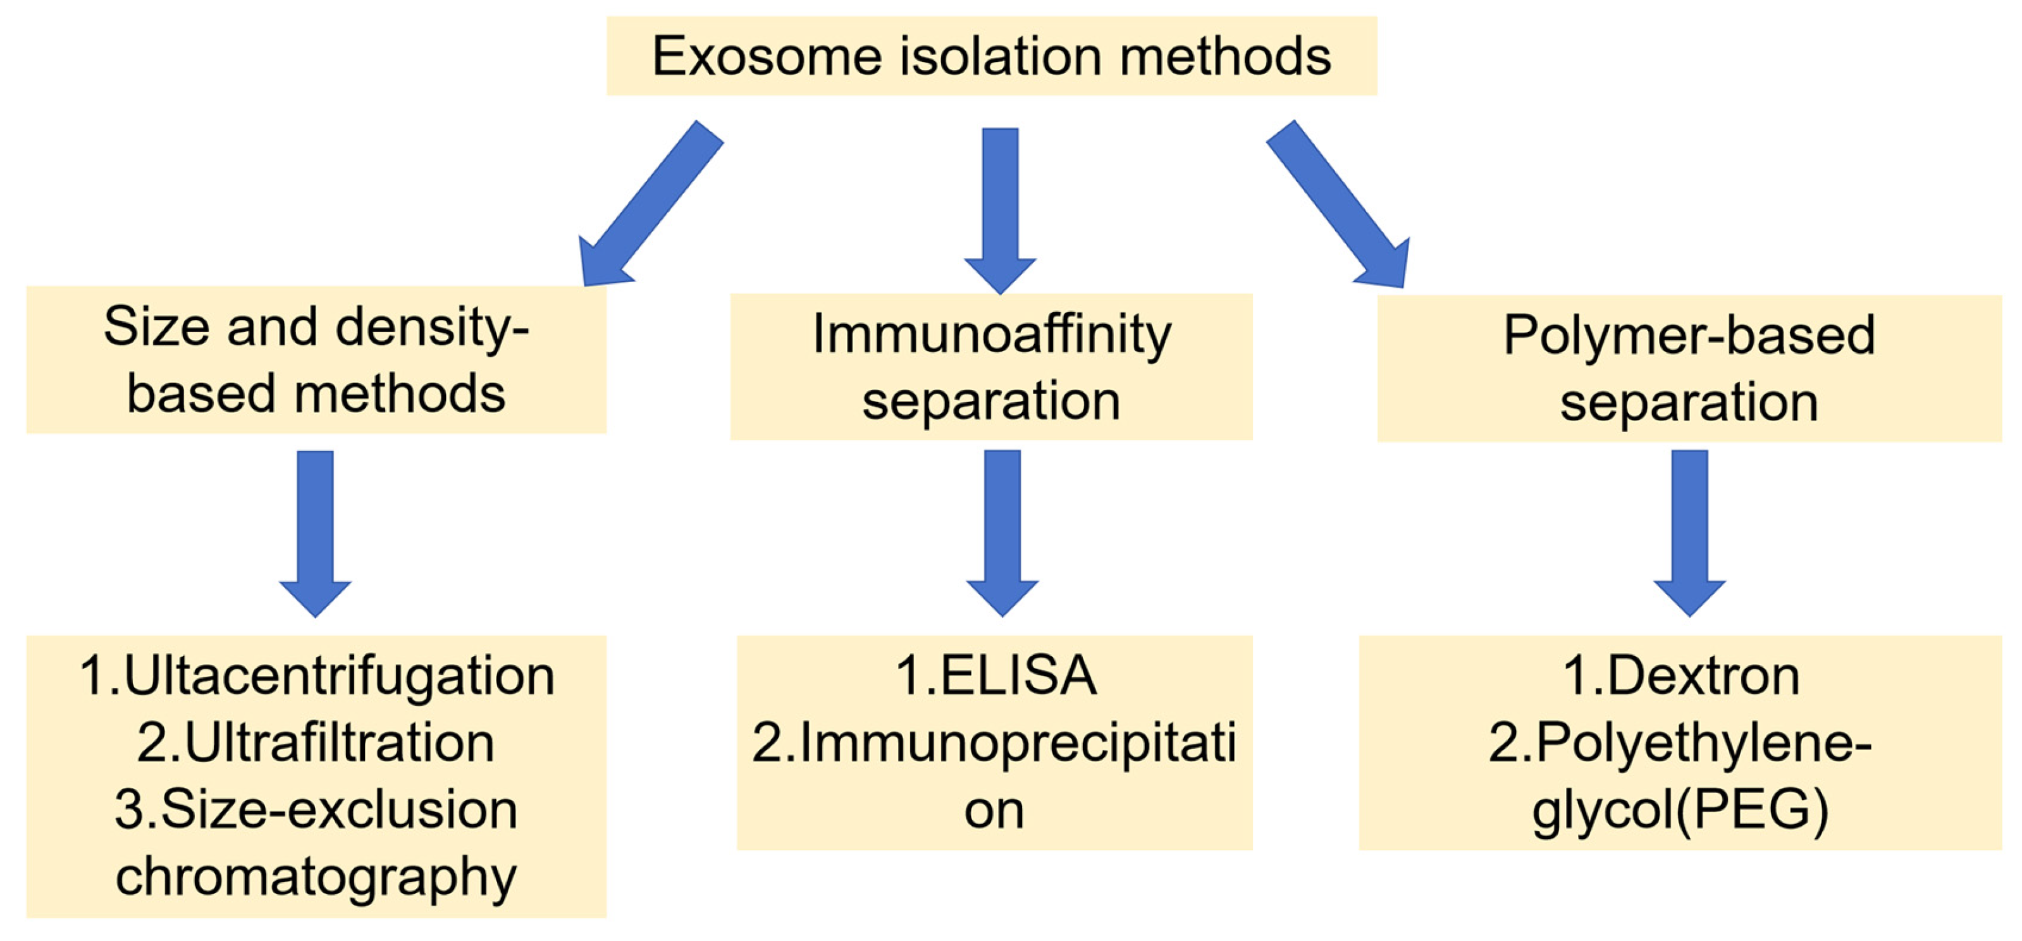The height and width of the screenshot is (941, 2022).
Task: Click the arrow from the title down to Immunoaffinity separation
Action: (1000, 208)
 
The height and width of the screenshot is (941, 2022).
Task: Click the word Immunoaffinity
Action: (991, 335)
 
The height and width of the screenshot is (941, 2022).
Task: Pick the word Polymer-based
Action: (1689, 336)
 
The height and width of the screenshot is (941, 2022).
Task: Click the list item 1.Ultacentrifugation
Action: (316, 676)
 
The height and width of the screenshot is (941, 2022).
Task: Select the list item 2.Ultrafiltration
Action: (316, 742)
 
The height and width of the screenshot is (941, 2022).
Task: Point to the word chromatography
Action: (316, 876)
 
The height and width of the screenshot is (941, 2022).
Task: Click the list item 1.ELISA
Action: (996, 676)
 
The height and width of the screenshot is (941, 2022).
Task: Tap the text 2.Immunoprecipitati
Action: (994, 742)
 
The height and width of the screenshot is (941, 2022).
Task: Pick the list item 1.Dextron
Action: (1681, 676)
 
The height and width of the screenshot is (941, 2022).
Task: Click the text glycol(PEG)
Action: (1680, 810)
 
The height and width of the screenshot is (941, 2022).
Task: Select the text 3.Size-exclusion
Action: (316, 810)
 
